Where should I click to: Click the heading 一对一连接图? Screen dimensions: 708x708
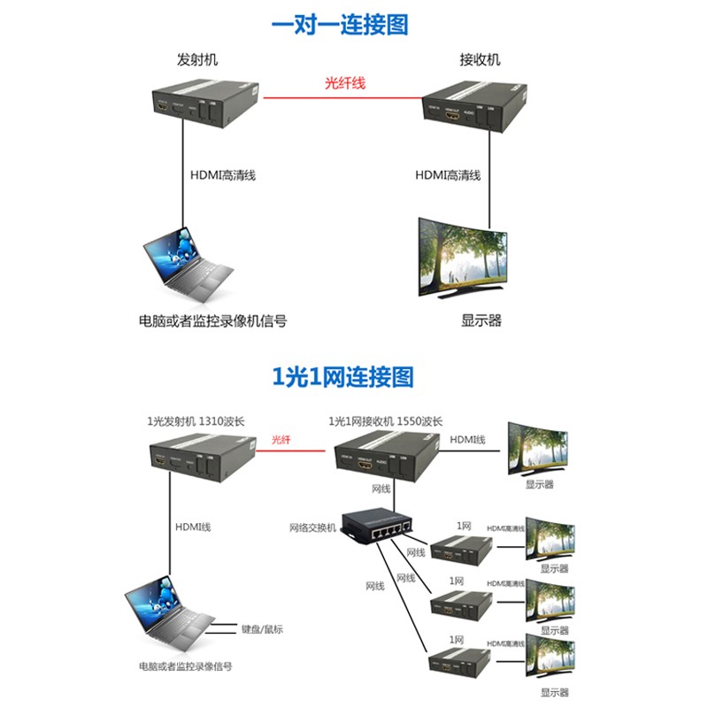pyautogui.click(x=340, y=24)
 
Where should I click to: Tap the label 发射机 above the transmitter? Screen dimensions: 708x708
pyautogui.click(x=196, y=60)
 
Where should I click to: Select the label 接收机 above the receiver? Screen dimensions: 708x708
pyautogui.click(x=480, y=60)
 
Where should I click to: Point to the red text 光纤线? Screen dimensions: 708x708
pyautogui.click(x=344, y=84)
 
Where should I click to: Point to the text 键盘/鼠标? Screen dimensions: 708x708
pyautogui.click(x=262, y=629)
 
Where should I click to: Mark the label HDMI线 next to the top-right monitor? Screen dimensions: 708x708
pyautogui.click(x=467, y=440)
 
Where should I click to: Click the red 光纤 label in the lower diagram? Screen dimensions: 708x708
pyautogui.click(x=281, y=439)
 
